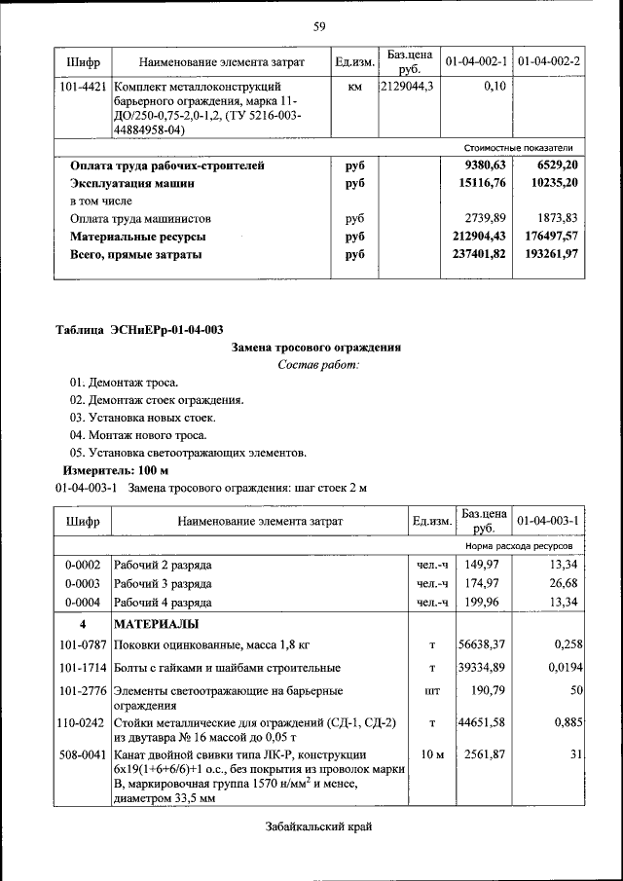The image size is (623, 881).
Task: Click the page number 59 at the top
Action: pos(318,25)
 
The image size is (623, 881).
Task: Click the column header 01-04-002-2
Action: pos(549,62)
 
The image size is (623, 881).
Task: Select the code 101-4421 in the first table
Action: pos(83,87)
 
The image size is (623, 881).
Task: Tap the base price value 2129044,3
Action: pos(409,87)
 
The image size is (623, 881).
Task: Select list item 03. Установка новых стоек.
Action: pos(137,418)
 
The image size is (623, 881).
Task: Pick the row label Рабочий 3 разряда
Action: pos(163,583)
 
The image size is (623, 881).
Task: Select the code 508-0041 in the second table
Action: pos(83,755)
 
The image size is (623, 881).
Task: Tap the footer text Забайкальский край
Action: pos(318,827)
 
